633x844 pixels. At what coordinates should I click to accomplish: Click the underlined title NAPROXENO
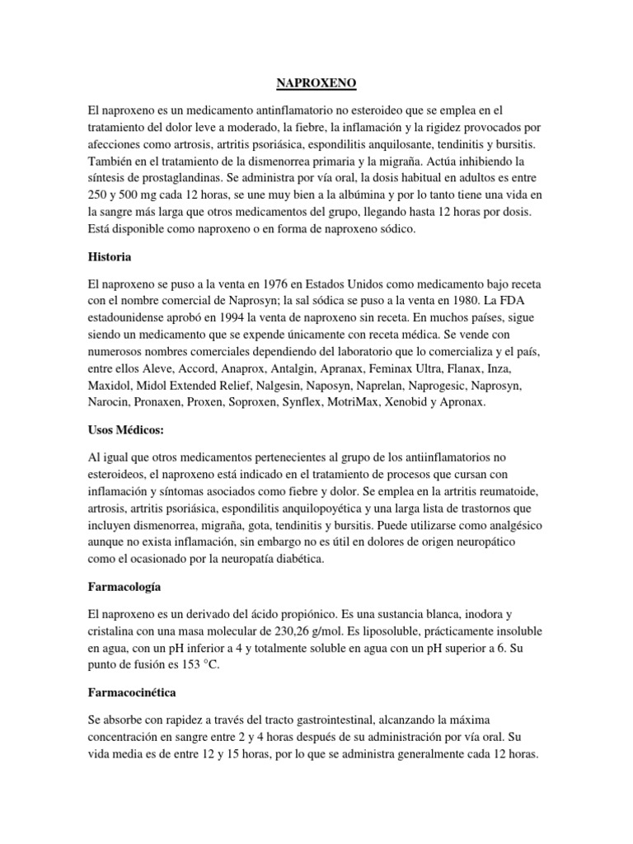[x=316, y=82]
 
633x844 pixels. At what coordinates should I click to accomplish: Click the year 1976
[x=272, y=284]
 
